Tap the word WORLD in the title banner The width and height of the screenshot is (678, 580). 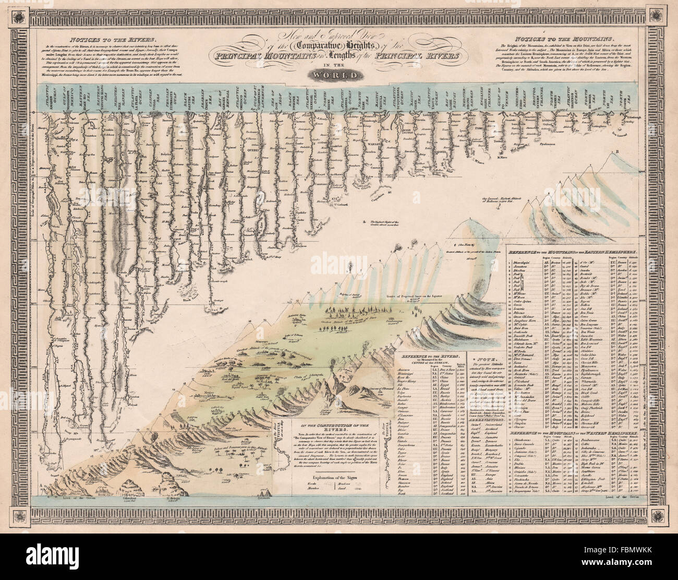point(338,75)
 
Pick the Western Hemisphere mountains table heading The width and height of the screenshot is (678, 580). point(573,433)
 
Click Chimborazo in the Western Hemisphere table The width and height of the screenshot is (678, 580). point(525,441)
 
